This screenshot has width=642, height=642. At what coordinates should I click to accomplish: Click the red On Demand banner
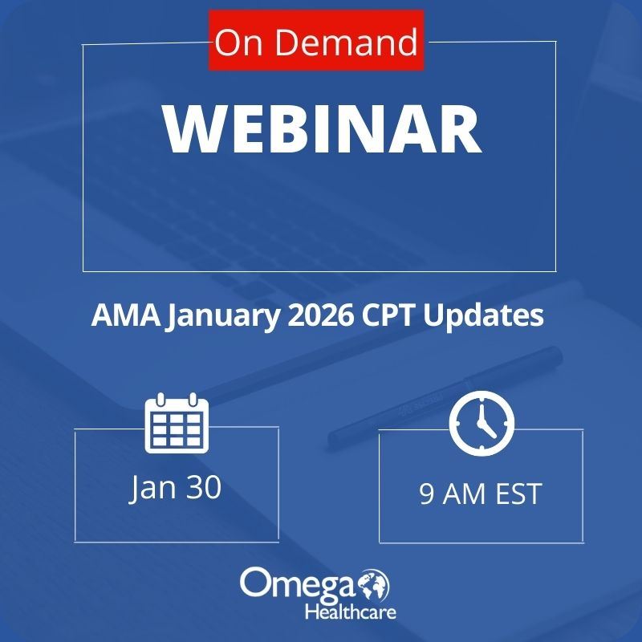[316, 42]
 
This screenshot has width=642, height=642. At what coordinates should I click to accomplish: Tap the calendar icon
[176, 423]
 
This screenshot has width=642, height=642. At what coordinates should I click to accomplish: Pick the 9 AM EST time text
[480, 494]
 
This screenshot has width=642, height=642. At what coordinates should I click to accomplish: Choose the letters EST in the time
[514, 494]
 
